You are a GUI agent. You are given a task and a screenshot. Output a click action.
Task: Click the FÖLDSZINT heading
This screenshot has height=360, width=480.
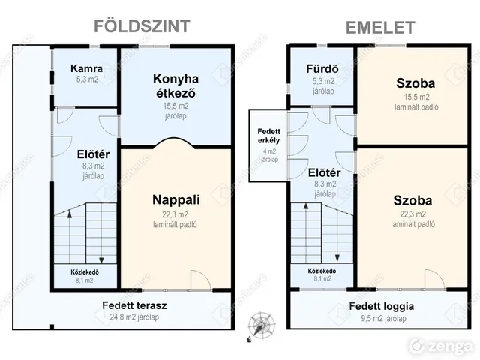(x=142, y=25)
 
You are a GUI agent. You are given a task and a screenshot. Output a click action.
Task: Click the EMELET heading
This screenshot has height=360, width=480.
(x=380, y=28)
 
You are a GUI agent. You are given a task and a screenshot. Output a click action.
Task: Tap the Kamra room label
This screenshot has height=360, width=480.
(x=87, y=68)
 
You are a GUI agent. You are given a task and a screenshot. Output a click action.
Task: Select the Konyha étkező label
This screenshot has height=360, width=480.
(x=175, y=85)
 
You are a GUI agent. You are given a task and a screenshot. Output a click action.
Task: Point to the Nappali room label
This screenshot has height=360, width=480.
(x=176, y=200)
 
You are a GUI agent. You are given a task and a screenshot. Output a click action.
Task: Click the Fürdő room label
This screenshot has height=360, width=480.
(x=322, y=68)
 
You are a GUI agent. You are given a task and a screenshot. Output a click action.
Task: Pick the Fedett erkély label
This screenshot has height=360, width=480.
(x=268, y=136)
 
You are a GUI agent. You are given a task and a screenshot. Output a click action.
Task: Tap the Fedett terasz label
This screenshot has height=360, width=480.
(x=134, y=305)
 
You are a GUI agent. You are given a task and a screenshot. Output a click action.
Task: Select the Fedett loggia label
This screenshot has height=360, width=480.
(x=382, y=306)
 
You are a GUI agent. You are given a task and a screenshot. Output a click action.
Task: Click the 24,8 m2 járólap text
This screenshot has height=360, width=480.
(x=134, y=316)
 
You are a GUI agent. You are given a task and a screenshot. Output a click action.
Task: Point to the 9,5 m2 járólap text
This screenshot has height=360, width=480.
(x=383, y=318)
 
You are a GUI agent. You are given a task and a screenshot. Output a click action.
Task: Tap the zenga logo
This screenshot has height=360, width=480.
(x=441, y=346)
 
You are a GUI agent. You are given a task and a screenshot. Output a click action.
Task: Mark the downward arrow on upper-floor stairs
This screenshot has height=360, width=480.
(x=337, y=232)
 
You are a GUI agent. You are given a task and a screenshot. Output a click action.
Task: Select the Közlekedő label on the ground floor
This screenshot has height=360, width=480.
(x=85, y=271)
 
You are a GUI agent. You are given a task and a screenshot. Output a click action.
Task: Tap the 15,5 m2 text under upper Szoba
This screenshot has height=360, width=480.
(x=416, y=97)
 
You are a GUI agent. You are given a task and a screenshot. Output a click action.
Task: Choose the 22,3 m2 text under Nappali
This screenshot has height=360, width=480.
(x=175, y=214)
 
